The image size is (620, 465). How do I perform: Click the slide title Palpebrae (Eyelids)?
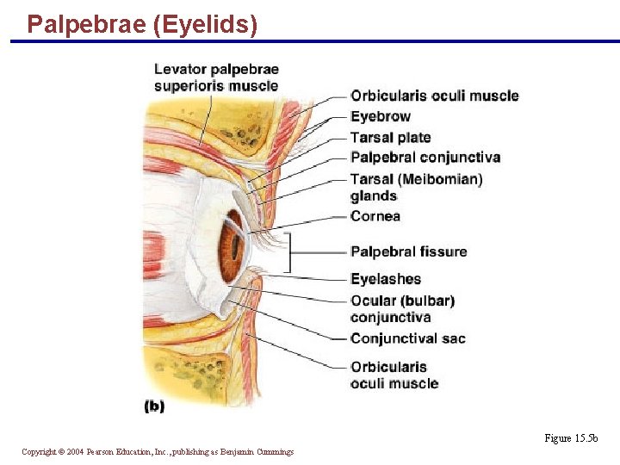(142, 24)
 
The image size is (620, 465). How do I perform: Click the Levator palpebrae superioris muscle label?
(216, 77)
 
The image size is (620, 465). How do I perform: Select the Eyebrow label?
(381, 116)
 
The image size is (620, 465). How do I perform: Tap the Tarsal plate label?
(390, 137)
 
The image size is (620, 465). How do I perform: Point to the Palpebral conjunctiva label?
(425, 157)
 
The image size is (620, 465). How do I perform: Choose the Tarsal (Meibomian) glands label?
(416, 187)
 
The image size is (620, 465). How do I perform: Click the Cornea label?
(375, 216)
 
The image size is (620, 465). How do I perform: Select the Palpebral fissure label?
(409, 251)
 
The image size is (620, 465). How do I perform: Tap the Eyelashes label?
(386, 279)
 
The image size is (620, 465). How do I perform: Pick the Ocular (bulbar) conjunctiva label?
(402, 308)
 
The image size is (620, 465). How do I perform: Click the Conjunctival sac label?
(408, 338)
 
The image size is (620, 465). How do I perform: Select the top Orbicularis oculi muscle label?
(435, 96)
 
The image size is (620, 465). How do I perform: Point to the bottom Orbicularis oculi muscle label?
(394, 375)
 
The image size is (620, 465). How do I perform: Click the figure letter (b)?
(154, 406)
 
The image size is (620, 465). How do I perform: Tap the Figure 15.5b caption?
(571, 438)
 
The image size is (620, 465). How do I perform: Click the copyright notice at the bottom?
(158, 451)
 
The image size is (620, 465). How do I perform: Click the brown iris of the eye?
(231, 248)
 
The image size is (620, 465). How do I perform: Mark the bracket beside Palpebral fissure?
(288, 252)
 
